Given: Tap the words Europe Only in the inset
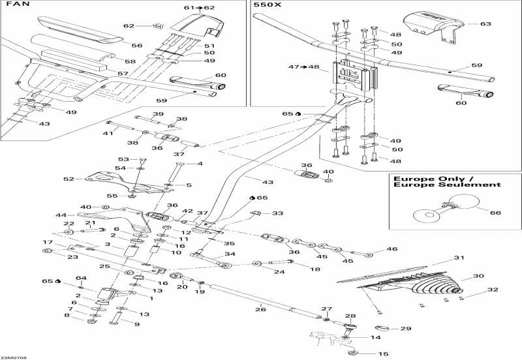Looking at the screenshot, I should tap(420, 177).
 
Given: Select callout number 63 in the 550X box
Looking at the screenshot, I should tap(485, 24).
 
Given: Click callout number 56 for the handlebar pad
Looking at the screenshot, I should tap(136, 46).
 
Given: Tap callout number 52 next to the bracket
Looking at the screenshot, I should tap(69, 179).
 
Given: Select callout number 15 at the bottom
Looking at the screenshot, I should tap(382, 354).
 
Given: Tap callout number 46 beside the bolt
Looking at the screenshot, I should tap(391, 249).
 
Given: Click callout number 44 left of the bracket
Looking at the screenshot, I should tap(61, 215).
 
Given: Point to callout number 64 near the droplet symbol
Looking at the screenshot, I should tap(81, 278).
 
